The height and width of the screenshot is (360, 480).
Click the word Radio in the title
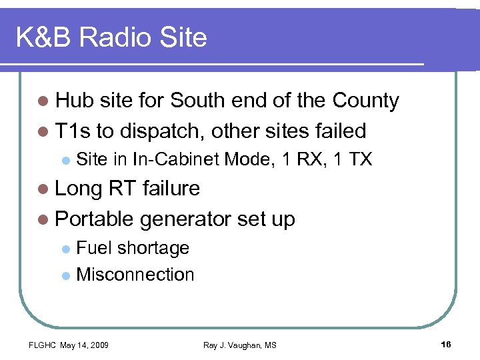click(115, 37)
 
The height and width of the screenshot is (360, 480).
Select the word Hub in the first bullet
click(75, 101)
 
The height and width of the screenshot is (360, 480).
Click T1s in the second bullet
click(73, 130)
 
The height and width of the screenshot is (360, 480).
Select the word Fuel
click(94, 248)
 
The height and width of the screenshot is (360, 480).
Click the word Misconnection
click(135, 275)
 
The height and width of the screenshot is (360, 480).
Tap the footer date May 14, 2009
click(85, 345)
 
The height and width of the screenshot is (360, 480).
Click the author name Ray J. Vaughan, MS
click(239, 345)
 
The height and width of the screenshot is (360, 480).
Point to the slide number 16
click(446, 344)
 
